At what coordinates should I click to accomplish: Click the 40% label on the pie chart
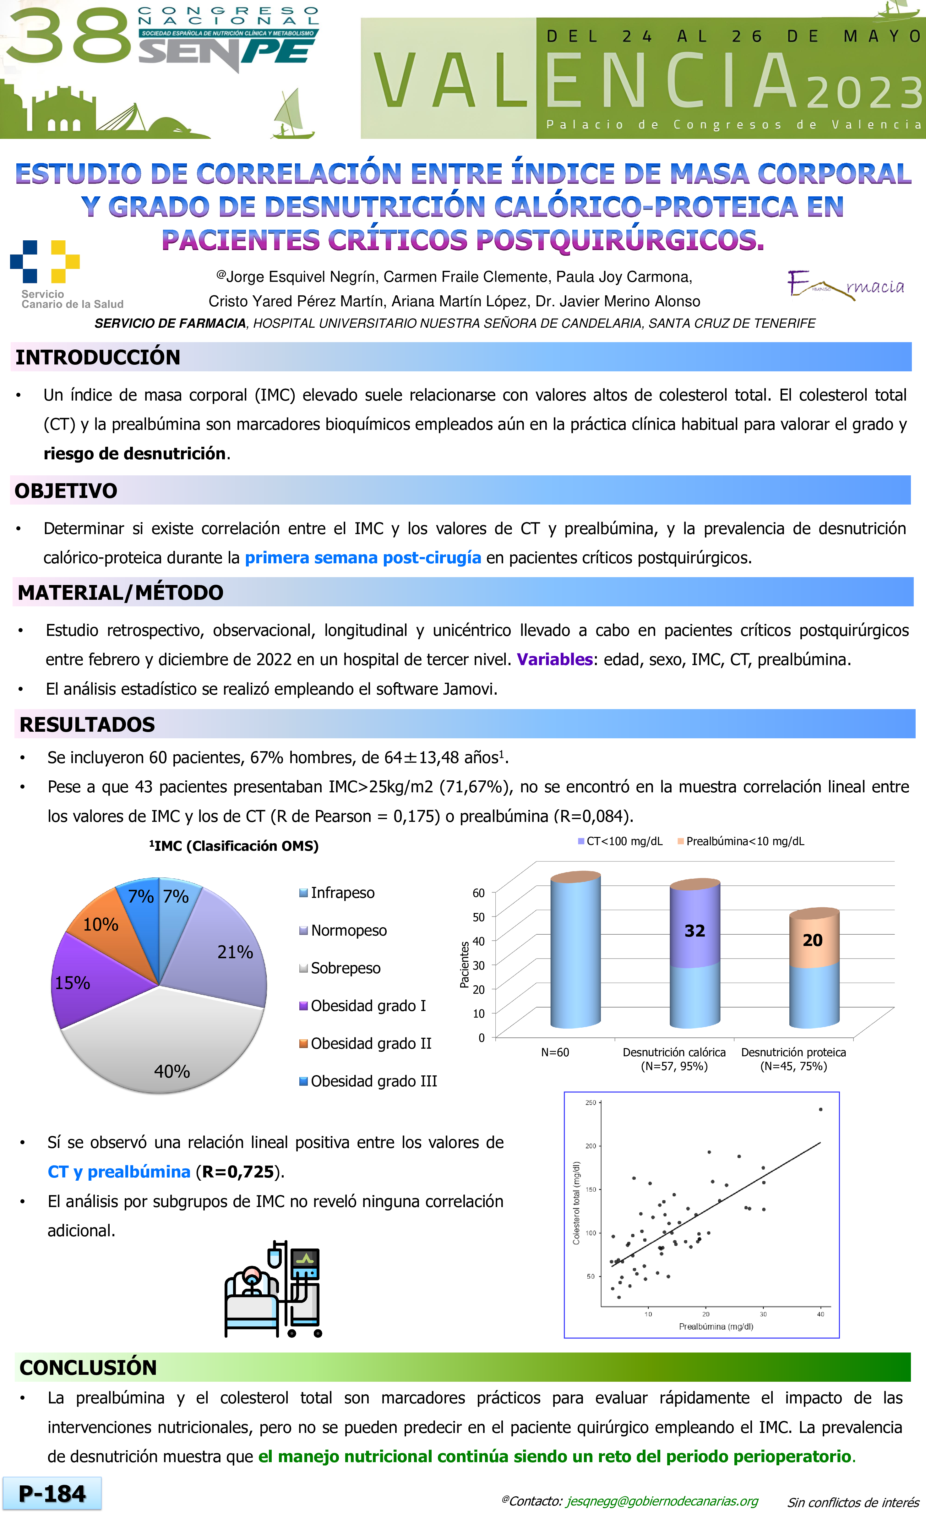point(172,1071)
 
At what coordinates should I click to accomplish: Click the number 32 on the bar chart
point(694,931)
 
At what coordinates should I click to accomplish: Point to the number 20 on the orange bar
point(812,940)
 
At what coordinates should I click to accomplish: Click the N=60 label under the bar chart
point(555,1052)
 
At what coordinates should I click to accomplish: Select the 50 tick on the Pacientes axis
point(478,917)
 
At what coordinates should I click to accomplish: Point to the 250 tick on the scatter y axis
point(591,1103)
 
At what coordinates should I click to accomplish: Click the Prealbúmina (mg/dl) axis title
point(716,1326)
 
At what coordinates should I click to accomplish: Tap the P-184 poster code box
point(52,1494)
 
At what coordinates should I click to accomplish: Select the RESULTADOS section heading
point(87,724)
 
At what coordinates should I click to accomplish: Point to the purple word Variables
point(554,659)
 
